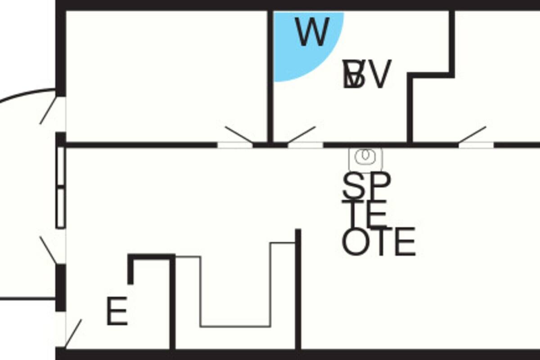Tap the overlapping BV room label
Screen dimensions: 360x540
click(365, 75)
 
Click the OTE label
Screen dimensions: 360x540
click(378, 242)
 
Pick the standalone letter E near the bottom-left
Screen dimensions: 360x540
click(117, 311)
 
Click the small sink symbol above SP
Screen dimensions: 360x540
click(365, 156)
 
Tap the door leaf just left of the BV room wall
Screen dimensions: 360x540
click(238, 135)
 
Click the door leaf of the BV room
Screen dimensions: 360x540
click(301, 135)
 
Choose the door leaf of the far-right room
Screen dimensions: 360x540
click(472, 135)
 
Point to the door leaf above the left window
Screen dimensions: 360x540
click(49, 109)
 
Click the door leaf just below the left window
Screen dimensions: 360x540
click(49, 250)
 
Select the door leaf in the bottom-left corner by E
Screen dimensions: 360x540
click(74, 333)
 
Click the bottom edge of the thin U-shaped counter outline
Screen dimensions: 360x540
click(235, 326)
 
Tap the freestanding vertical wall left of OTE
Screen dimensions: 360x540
click(297, 288)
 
